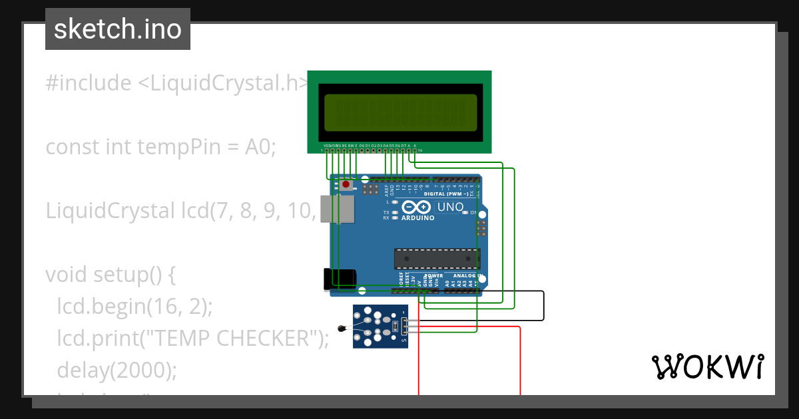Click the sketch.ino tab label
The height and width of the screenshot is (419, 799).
118,29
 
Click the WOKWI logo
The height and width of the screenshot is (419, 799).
706,367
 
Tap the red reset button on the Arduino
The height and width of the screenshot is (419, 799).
346,184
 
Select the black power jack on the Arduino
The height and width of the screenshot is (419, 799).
338,280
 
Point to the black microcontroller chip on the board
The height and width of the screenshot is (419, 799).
436,259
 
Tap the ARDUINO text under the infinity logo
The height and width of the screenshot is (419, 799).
417,217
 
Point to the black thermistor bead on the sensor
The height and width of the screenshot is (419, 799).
342,327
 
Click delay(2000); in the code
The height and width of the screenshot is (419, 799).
117,370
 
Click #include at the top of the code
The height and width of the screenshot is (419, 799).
89,83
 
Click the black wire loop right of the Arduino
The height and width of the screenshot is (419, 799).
543,306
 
